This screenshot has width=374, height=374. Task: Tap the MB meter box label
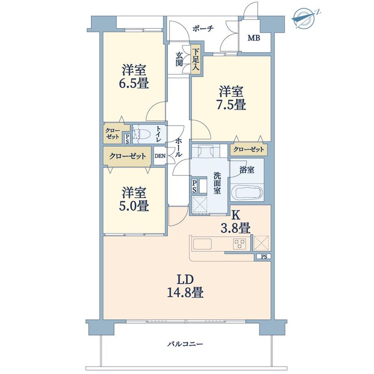click(254, 38)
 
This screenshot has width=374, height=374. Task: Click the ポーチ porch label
click(203, 28)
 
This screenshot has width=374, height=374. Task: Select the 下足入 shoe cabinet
click(196, 59)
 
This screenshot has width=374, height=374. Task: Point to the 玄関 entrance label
click(179, 59)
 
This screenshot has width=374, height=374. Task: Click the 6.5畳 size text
click(134, 83)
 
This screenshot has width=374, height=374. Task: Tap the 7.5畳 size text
click(231, 104)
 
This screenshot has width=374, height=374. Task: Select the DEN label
click(160, 156)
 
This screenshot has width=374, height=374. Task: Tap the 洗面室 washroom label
click(217, 183)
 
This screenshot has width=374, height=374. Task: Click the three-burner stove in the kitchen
click(239, 244)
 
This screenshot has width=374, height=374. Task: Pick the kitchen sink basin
click(202, 244)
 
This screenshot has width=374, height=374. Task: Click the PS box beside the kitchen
click(263, 257)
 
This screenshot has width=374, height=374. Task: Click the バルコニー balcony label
click(185, 344)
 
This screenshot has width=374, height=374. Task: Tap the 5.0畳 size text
click(134, 206)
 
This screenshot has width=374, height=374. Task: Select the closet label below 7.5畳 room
click(248, 150)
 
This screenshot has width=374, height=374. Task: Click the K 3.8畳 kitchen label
click(235, 222)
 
